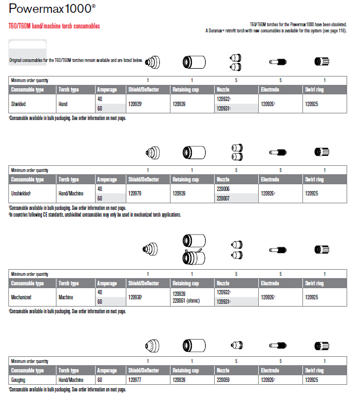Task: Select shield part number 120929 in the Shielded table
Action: [135, 104]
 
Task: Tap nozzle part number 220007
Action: [223, 198]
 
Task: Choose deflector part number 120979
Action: [135, 194]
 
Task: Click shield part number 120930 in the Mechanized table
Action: [135, 297]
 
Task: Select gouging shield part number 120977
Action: [135, 380]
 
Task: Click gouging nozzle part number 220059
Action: [223, 380]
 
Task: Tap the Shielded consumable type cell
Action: [19, 104]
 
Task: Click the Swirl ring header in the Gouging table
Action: [314, 370]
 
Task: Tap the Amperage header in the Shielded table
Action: [107, 89]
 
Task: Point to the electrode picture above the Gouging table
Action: [278, 346]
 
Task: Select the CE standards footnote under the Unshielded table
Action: [95, 214]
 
